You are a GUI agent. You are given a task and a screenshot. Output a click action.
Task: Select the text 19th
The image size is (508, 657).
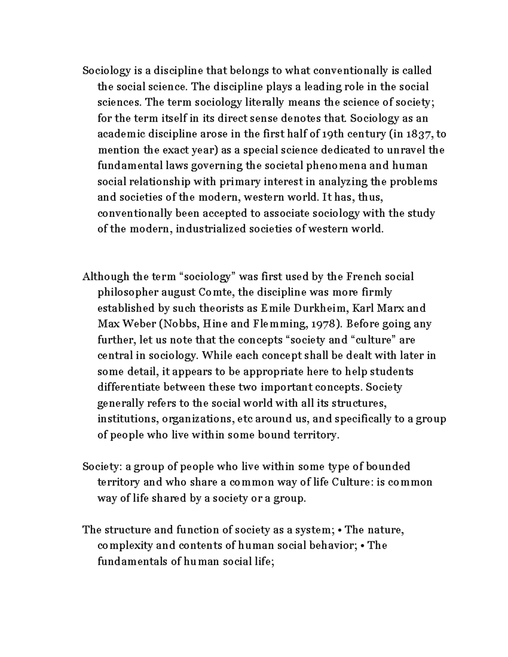[x=333, y=135]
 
